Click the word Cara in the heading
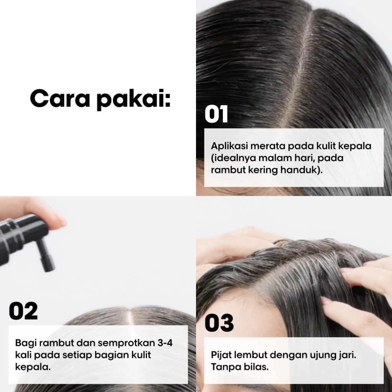tap(60, 98)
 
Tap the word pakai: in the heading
tap(134, 100)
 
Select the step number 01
tap(216, 114)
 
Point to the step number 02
tap(23, 311)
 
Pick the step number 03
tap(219, 323)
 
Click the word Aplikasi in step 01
tap(229, 146)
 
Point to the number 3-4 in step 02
tap(165, 343)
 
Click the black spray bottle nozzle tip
tap(49, 268)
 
